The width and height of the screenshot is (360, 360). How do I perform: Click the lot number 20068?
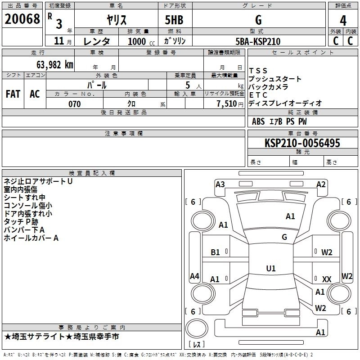22,19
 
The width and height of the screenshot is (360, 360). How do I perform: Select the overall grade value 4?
343,21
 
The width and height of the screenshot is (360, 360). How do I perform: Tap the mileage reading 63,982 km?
55,65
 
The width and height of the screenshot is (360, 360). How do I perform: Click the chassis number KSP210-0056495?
302,143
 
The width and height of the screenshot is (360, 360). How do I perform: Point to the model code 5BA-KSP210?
258,41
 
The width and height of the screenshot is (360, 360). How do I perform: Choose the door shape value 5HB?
174,20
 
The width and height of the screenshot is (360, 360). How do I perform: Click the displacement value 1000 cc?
141,41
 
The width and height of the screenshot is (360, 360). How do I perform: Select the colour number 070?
75,104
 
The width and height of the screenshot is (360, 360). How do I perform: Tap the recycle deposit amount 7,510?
227,103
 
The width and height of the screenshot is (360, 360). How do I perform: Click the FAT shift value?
13,94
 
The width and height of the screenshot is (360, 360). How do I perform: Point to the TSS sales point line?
258,71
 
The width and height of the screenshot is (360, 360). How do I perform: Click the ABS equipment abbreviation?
258,121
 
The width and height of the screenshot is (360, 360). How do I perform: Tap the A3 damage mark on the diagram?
220,184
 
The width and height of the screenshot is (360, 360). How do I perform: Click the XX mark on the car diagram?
327,279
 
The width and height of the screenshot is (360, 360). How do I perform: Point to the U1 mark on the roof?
271,268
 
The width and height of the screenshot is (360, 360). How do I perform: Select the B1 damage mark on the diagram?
215,252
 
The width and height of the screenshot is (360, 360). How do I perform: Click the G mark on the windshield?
284,237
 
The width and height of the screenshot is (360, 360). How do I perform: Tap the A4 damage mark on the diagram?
194,276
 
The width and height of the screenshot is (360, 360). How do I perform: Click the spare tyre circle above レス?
197,328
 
